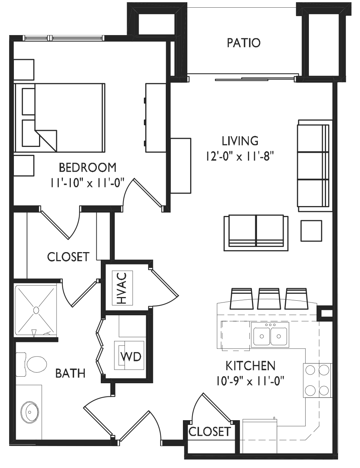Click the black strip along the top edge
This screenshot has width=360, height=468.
180,1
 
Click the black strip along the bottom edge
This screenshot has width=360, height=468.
180,464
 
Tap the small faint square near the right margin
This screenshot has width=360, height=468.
325,314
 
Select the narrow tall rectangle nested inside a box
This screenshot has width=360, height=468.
125,289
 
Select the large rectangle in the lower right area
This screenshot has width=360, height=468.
265,389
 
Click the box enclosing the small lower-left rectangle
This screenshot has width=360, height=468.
130,347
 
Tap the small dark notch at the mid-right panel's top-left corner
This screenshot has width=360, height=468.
215,145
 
